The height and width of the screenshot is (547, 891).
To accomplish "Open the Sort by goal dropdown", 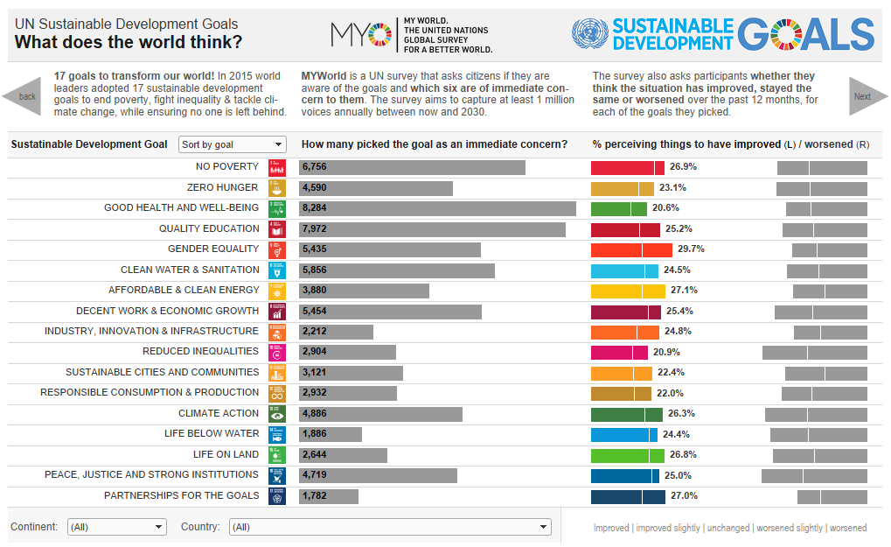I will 232,144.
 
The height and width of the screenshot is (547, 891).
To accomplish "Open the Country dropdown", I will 390,527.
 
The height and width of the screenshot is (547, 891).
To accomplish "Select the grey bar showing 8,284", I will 437,208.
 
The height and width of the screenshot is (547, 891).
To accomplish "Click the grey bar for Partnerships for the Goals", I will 329,496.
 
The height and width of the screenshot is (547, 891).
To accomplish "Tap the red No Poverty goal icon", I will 276,167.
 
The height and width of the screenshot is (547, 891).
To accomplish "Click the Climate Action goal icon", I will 276,414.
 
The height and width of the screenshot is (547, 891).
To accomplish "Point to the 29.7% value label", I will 691,249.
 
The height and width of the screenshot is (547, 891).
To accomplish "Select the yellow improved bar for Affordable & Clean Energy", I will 628,291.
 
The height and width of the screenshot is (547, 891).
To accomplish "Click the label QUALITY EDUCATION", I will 209,228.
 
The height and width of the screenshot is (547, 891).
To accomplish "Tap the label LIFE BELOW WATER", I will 212,433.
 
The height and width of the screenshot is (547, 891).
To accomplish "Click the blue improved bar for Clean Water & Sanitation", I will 624,270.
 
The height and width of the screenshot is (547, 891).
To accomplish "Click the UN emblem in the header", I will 589,35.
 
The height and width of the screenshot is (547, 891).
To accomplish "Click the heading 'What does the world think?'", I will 129,42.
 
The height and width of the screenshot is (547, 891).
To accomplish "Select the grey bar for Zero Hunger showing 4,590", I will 376,187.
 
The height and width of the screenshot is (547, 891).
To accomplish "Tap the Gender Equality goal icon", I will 276,249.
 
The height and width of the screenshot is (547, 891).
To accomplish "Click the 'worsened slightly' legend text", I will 790,528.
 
